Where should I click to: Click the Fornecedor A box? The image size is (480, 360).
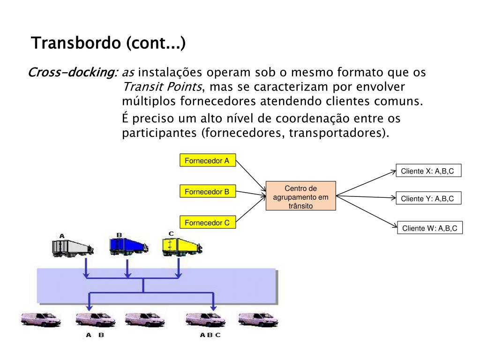(207, 161)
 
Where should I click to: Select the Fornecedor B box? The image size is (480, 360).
(207, 192)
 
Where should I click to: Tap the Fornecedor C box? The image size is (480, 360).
(207, 223)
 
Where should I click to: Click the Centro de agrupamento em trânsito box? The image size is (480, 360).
(301, 196)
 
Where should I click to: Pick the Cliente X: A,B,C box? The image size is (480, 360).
(427, 171)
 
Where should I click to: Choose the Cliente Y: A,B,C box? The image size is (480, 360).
(427, 199)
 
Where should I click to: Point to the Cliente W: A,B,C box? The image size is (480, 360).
(430, 228)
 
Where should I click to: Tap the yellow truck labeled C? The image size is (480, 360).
(181, 246)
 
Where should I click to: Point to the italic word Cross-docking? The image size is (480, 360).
(72, 73)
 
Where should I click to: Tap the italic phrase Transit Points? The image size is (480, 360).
(163, 87)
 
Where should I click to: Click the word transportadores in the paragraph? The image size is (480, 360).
(337, 133)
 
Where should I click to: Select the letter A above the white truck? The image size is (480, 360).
(62, 235)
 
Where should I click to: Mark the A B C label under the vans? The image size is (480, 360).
(210, 335)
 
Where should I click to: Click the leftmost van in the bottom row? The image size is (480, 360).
(41, 320)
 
